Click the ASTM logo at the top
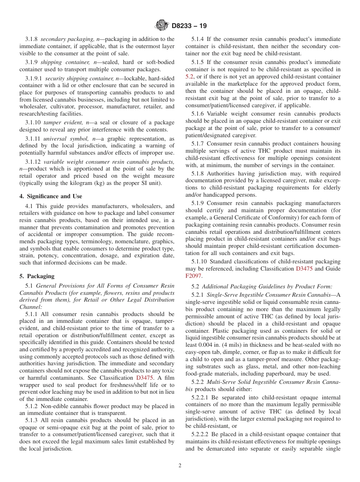coord(162,26)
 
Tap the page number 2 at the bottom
coord(180,466)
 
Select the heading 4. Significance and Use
coord(50,196)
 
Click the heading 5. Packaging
coord(37,276)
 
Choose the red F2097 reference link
coord(193,276)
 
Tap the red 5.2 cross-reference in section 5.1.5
coord(189,76)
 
